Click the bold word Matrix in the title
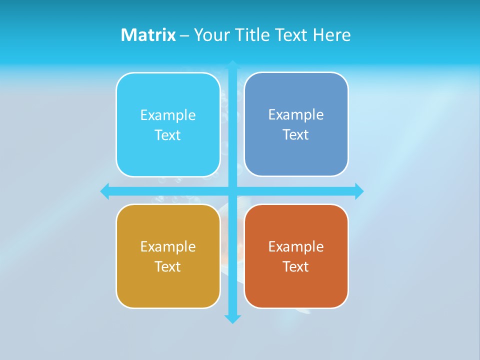[x=148, y=35]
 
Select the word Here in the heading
[x=331, y=35]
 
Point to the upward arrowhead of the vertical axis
[x=232, y=65]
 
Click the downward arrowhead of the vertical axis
[x=232, y=318]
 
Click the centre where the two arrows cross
[x=232, y=191]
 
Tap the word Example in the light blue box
[x=168, y=115]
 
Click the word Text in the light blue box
[x=168, y=135]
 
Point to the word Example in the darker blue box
[x=296, y=114]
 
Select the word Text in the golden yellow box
[x=168, y=266]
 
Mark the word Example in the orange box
[x=296, y=246]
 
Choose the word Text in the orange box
[x=296, y=266]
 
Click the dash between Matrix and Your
[x=184, y=35]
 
